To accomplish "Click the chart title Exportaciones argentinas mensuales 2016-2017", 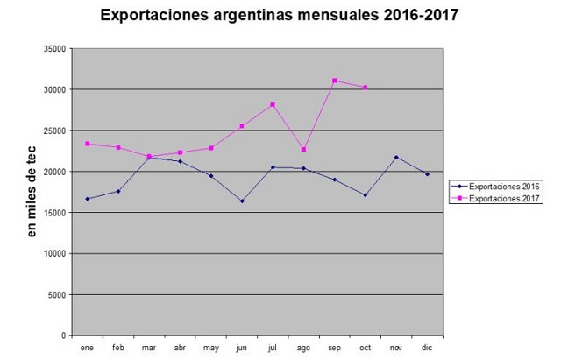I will click(280, 16).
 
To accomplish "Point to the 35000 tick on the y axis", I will click(54, 49).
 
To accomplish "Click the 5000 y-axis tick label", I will click(57, 295).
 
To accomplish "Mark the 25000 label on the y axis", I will click(54, 131).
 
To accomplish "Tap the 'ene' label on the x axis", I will click(87, 348).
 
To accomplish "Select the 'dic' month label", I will click(428, 348).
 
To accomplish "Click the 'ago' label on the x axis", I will click(303, 348).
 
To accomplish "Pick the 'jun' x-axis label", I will click(241, 348).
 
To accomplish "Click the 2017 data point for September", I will click(335, 81).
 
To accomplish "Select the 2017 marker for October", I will click(366, 88).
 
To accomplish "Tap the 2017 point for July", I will click(273, 104).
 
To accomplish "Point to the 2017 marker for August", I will click(303, 149).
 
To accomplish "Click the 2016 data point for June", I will click(241, 201).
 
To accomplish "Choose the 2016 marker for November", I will click(396, 158).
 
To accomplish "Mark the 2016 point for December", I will click(428, 174).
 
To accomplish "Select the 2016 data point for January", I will click(87, 199).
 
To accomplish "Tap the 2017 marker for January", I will click(87, 144).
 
